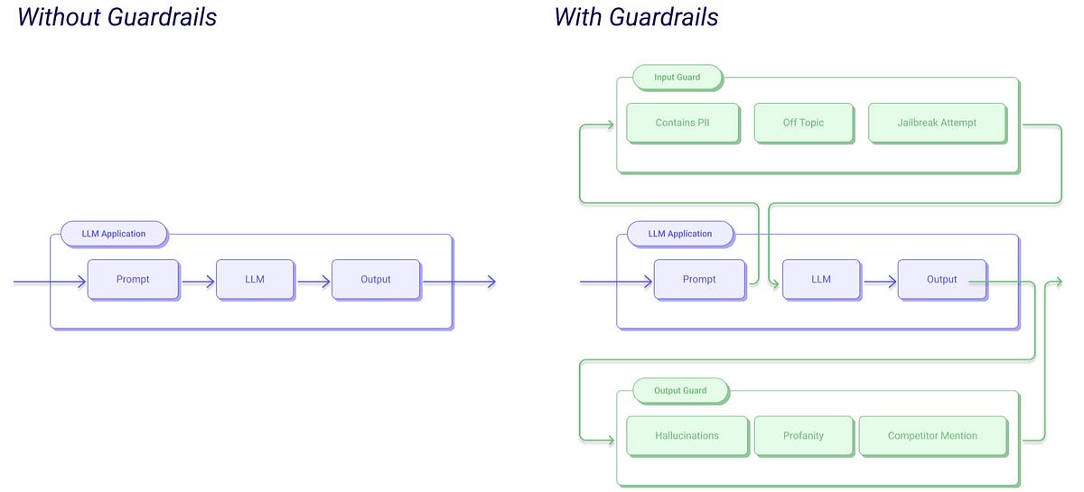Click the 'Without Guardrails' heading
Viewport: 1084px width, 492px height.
(117, 16)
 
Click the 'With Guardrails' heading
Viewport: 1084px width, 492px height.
(636, 16)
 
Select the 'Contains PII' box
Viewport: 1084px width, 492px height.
(682, 123)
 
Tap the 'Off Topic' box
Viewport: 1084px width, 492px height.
(803, 123)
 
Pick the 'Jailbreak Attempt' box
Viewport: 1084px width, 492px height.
(936, 123)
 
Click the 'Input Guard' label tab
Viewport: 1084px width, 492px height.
(677, 78)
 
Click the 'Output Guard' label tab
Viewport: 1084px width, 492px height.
(680, 391)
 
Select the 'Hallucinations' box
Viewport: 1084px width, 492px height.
(687, 435)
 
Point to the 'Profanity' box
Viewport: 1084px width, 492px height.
(803, 435)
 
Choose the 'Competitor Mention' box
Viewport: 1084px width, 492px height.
(932, 435)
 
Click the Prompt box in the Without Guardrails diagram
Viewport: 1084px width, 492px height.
(133, 280)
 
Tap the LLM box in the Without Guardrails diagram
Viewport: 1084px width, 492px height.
(255, 280)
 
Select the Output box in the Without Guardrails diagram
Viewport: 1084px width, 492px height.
(376, 280)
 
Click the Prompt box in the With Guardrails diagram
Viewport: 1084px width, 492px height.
(699, 280)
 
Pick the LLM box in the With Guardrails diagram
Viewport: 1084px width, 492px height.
(820, 280)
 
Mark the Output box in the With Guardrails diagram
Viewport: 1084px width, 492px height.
(941, 280)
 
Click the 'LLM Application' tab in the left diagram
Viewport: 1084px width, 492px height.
(114, 234)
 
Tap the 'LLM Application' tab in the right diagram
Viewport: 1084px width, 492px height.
(680, 234)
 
